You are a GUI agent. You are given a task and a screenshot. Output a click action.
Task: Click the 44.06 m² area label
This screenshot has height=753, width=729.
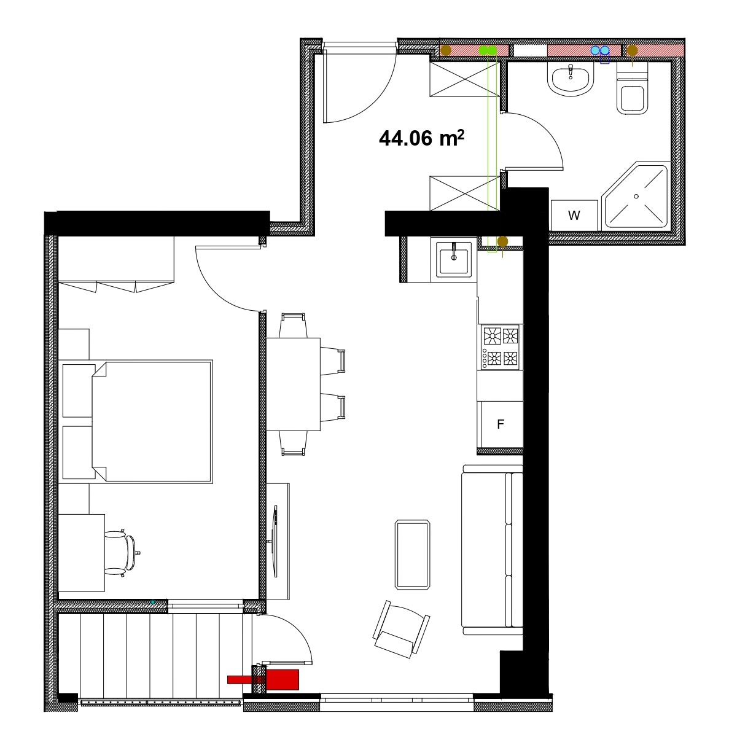pos(421,138)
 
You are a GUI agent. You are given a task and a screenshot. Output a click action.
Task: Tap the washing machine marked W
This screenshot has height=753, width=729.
pos(574,215)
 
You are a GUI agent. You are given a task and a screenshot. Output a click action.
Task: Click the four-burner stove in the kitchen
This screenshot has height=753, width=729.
pos(500,346)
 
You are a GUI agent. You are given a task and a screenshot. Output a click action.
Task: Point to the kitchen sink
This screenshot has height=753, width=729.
pos(454,259)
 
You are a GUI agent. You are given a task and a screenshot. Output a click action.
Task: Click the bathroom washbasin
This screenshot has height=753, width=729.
pos(571,79)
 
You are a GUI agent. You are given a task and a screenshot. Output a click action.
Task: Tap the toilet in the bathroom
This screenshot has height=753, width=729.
pos(632,89)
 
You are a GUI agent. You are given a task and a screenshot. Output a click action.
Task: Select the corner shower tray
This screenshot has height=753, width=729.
pos(636,196)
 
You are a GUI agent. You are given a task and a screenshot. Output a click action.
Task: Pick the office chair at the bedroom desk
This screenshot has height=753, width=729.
pos(122,554)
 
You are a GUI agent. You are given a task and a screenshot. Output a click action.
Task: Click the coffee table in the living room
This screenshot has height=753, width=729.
pos(413,555)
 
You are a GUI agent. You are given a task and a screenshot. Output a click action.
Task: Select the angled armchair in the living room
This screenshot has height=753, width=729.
pos(401,629)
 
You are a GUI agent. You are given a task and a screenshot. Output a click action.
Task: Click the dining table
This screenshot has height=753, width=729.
pos(293,384)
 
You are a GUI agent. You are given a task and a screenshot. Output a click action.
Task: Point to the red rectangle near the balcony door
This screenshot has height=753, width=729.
pos(263,679)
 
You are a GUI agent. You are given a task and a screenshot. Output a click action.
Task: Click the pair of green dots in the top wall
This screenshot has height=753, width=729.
pos(488,50)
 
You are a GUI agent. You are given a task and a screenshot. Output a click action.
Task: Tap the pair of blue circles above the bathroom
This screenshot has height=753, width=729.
pos(600,50)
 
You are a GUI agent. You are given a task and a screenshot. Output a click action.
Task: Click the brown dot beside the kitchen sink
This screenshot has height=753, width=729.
pos(502,241)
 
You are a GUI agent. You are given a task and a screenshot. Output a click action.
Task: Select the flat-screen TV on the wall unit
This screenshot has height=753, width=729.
pos(275,541)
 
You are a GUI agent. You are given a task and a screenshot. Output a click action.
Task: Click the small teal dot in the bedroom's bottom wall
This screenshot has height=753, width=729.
pos(152,603)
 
